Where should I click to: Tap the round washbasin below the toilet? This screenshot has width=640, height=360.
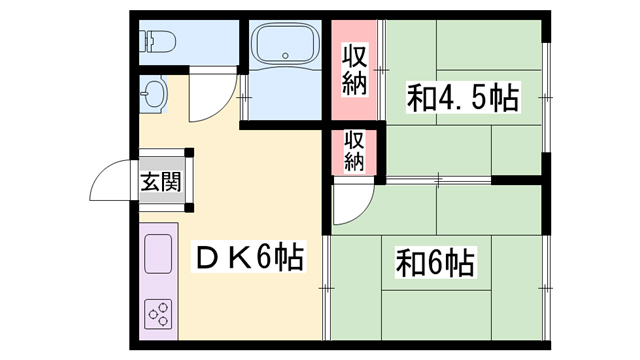pyautogui.click(x=153, y=96)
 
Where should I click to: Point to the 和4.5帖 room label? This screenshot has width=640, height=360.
pyautogui.click(x=461, y=98)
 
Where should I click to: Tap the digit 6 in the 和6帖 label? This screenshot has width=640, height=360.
pyautogui.click(x=435, y=265)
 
